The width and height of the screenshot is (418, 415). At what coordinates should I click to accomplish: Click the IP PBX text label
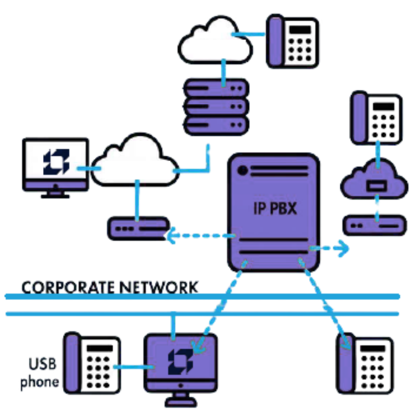click(x=275, y=208)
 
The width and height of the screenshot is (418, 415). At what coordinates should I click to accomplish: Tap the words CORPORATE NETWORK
click(x=110, y=287)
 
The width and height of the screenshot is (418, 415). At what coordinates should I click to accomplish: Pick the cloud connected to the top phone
click(x=216, y=40)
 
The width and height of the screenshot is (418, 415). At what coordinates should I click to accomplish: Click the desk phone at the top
click(x=292, y=41)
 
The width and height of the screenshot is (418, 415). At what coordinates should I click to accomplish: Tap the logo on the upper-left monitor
click(x=56, y=162)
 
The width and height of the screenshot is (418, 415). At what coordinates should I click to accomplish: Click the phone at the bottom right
click(x=366, y=364)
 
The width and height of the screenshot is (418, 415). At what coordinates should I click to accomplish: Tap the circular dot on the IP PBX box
click(x=242, y=170)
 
